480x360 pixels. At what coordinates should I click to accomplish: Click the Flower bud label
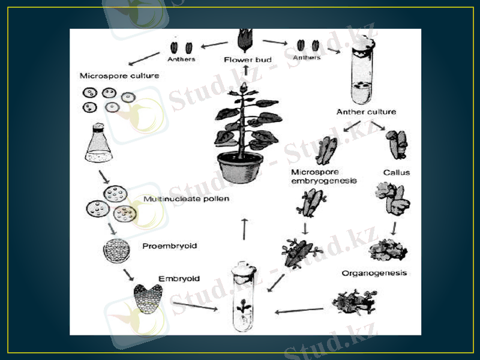point(248,59)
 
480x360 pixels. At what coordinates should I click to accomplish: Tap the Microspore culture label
point(119,76)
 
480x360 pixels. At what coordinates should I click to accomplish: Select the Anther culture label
point(366,112)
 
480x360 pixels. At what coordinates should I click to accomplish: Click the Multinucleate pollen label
point(186,199)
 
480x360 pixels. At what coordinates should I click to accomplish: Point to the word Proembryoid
point(170,246)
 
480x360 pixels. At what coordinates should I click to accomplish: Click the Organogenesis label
point(374,273)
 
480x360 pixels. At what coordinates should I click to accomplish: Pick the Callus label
point(397,173)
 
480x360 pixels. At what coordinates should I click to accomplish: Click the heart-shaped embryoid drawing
point(148,298)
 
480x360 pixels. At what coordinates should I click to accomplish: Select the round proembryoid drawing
point(116,251)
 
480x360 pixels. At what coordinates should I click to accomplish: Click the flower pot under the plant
point(241,167)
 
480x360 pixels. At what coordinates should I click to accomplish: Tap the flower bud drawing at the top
point(245,40)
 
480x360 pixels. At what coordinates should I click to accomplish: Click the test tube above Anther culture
point(363,71)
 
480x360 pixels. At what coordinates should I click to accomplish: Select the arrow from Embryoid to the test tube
point(196,306)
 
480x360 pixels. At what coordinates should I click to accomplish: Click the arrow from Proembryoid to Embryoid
point(128,275)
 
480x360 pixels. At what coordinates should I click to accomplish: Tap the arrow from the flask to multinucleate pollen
point(104,177)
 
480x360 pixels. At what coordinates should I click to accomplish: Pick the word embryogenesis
point(324,181)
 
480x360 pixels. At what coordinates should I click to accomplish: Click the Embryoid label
point(179,279)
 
